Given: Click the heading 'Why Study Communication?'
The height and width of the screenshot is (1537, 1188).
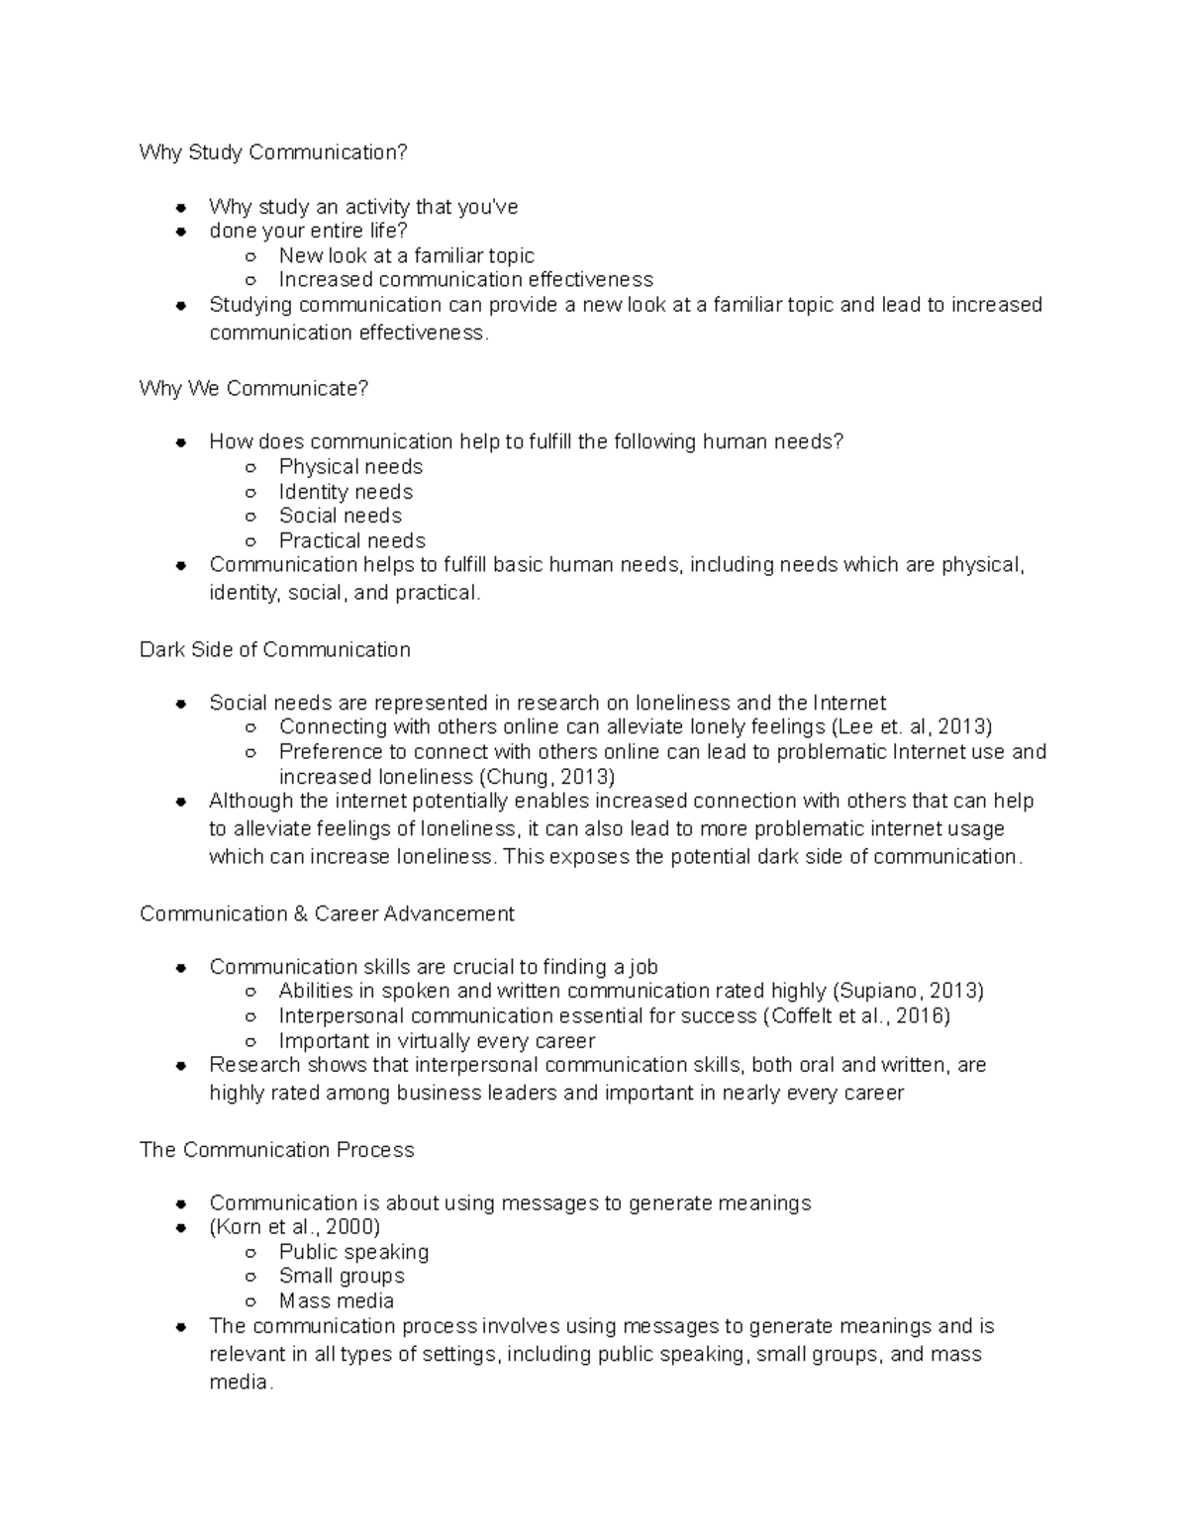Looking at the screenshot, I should [273, 152].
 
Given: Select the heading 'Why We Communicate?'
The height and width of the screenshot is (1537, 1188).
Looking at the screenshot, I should [253, 389].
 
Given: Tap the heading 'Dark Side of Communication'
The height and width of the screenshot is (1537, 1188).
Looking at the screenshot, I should [274, 650].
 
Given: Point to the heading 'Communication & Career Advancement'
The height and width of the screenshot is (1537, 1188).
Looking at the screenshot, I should [327, 914].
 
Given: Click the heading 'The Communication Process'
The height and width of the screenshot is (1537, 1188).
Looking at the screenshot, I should [276, 1150].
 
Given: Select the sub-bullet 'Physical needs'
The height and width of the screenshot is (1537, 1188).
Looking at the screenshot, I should [350, 467].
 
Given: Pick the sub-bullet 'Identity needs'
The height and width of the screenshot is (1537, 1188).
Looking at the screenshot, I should [346, 492].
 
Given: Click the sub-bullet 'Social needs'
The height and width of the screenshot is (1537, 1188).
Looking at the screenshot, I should [340, 516].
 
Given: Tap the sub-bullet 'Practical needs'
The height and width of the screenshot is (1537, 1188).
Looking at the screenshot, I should [351, 541].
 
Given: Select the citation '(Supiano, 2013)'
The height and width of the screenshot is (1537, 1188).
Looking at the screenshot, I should [909, 992].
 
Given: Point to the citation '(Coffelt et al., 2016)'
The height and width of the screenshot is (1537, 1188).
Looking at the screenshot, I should [856, 1016].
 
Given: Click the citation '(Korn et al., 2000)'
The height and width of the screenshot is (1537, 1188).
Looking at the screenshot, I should [294, 1227].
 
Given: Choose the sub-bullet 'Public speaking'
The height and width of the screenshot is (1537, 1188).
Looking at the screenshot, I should [353, 1252].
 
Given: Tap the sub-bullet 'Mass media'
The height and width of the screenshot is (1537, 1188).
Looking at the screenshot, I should [336, 1301].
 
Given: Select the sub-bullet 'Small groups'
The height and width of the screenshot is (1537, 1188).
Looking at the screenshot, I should [342, 1277].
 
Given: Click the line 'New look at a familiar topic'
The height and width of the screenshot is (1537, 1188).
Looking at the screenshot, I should [406, 256].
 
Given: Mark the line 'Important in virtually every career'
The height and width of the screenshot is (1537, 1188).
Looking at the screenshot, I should [437, 1041].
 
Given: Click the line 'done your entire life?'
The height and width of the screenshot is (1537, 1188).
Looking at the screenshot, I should [308, 232].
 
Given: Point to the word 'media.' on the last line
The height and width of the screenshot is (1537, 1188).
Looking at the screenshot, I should [241, 1383].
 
